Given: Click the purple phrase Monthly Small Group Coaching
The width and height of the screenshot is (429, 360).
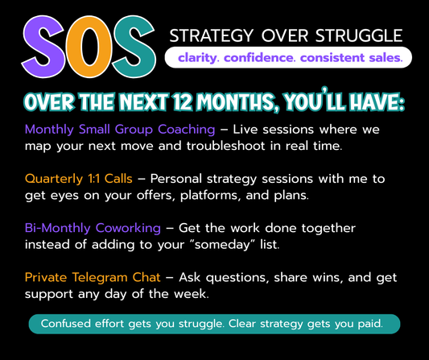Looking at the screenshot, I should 120,129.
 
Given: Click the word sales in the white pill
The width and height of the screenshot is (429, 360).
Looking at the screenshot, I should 383,58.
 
